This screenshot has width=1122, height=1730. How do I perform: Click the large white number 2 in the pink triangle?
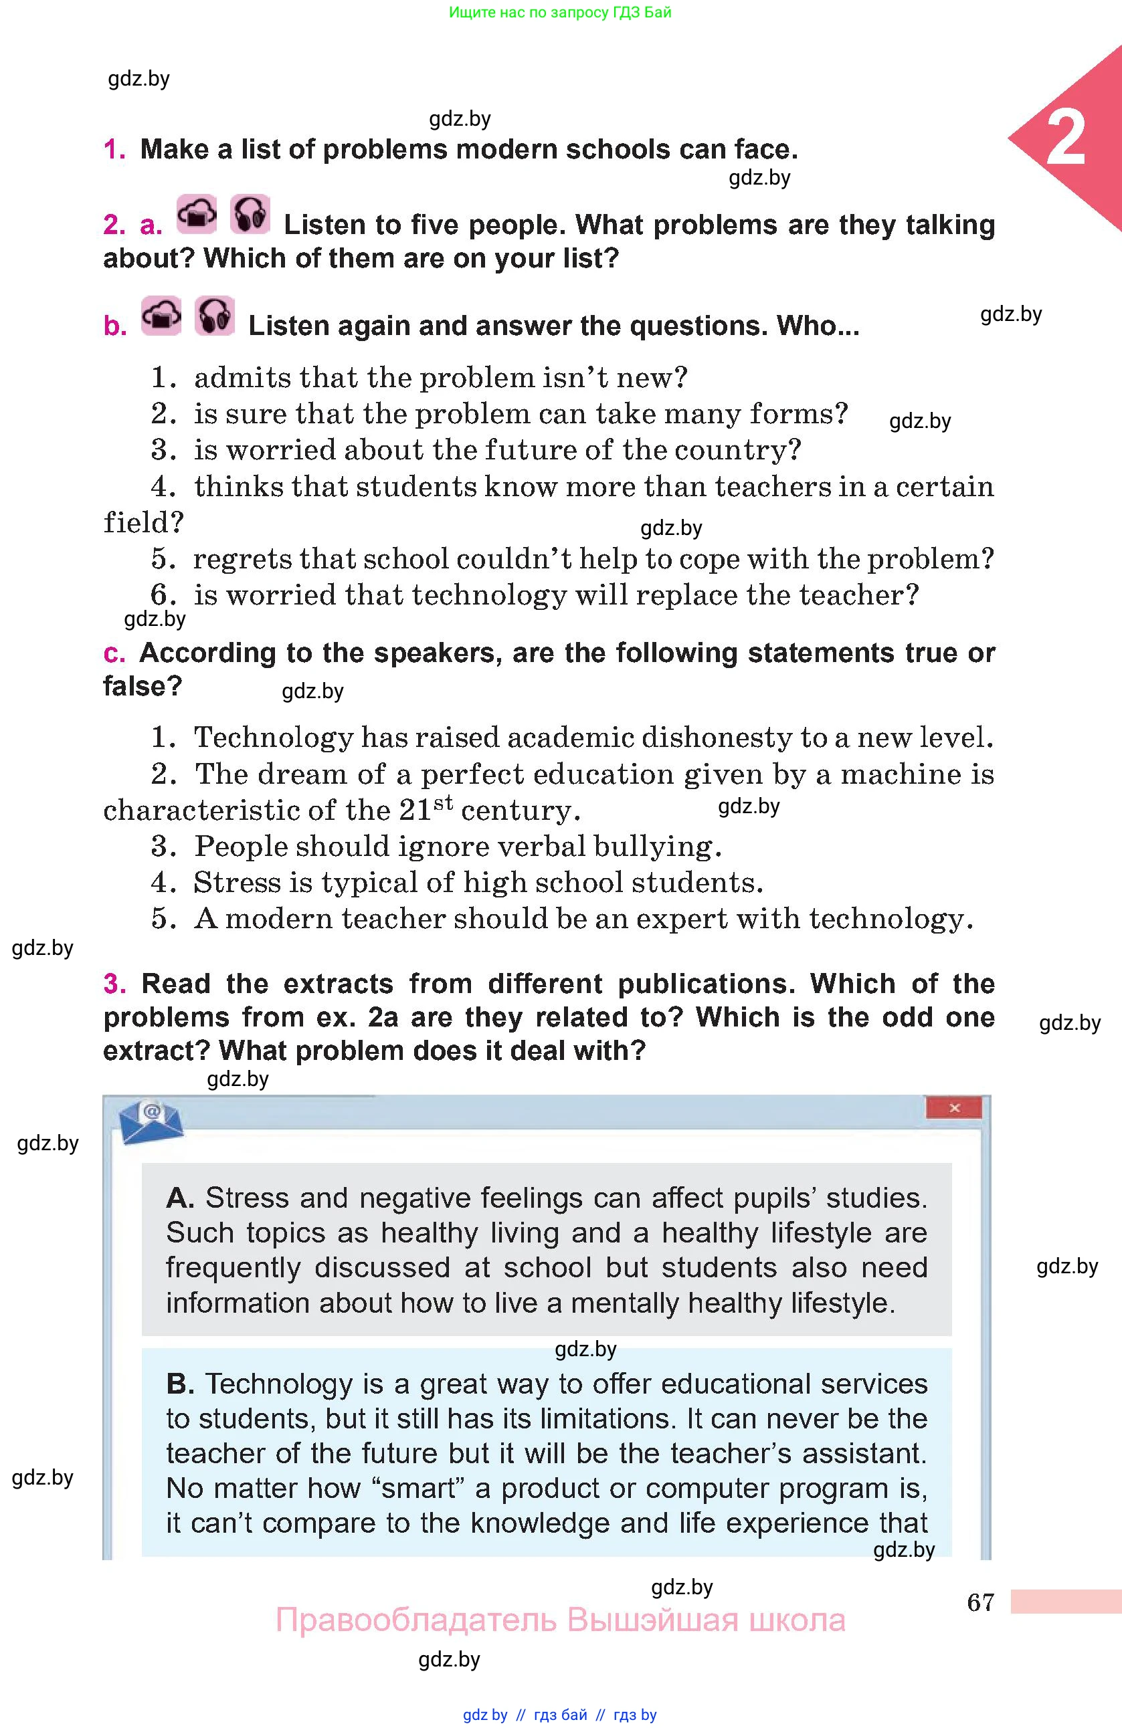click(x=1065, y=138)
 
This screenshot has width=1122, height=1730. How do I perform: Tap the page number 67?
click(x=980, y=1602)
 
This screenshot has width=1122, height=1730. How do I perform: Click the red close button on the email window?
click(x=953, y=1108)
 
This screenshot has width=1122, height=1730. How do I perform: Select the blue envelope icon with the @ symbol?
click(x=151, y=1121)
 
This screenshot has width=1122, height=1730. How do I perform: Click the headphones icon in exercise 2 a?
click(x=250, y=215)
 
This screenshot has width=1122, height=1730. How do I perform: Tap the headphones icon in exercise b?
click(x=215, y=316)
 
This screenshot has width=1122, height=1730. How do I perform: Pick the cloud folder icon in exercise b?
click(x=161, y=316)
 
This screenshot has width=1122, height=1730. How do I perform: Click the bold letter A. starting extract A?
click(x=179, y=1198)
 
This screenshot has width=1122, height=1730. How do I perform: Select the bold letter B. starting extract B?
click(x=179, y=1384)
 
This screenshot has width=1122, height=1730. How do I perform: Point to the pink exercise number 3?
click(x=114, y=984)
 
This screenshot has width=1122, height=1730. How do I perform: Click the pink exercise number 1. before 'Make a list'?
click(x=114, y=150)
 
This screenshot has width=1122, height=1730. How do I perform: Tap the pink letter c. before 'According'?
click(x=114, y=653)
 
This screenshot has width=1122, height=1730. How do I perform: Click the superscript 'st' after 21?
click(x=443, y=803)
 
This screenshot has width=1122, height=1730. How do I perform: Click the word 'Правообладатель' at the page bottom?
click(x=415, y=1620)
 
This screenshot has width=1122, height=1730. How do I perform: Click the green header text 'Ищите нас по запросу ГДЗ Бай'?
click(x=560, y=12)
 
